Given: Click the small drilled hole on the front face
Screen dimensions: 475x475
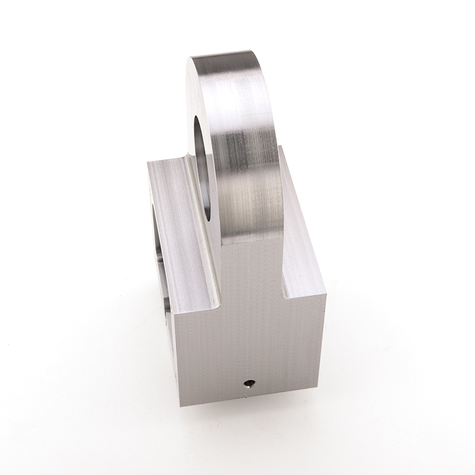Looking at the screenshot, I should click(x=249, y=384).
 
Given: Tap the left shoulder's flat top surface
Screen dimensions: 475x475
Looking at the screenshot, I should click(x=178, y=226).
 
